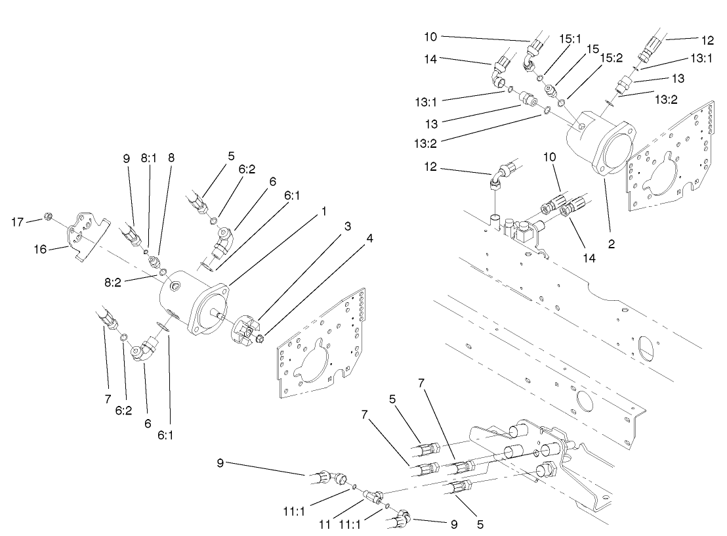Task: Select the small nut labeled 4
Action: [x=260, y=338]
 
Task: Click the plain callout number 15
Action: [x=575, y=49]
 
